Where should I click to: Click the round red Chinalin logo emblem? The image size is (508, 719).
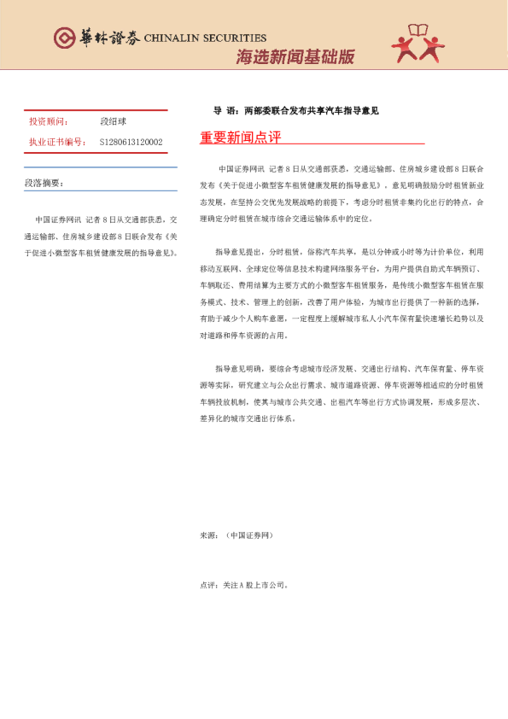(64, 38)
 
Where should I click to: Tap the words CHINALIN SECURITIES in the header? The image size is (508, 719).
(205, 38)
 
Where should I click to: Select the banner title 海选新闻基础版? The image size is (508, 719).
(295, 58)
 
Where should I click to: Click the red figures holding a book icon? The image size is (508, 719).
(418, 44)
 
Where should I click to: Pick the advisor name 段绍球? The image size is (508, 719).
(113, 122)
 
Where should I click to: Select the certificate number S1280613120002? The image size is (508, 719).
(131, 142)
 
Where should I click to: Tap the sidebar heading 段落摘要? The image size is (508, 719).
(44, 183)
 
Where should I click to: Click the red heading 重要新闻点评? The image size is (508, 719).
(240, 137)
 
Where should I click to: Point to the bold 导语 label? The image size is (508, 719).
(224, 110)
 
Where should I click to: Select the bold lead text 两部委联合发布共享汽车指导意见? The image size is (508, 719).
(311, 110)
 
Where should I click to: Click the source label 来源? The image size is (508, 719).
(208, 535)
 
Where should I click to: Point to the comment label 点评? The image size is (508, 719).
(208, 586)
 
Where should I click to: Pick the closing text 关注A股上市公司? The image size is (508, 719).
(256, 586)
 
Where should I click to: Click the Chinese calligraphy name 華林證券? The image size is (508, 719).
(108, 38)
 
